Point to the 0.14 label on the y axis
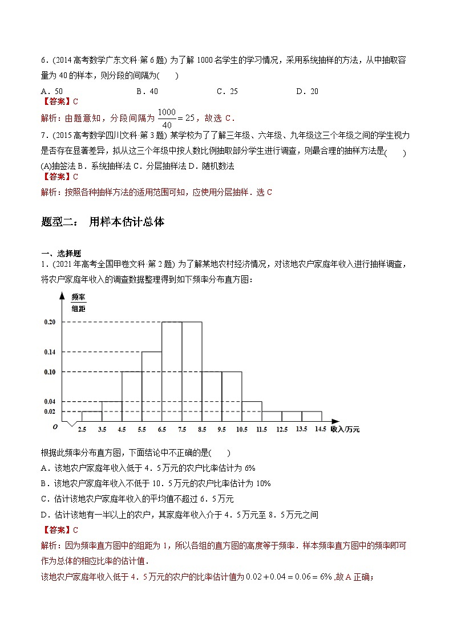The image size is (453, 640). coord(50,352)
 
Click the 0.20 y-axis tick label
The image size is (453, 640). coord(50,322)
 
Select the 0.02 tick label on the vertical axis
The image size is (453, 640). coord(50,411)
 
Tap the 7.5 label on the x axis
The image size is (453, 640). coord(182,430)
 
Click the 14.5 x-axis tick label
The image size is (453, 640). coord(321,430)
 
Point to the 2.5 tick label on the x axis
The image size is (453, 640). coord(82,430)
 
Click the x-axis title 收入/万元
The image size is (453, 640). coord(345,429)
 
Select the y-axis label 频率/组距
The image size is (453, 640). coord(78,303)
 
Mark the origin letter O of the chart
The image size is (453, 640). coord(54,427)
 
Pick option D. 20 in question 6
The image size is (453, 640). coord(308,91)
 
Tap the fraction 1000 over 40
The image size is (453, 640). coord(167,118)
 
